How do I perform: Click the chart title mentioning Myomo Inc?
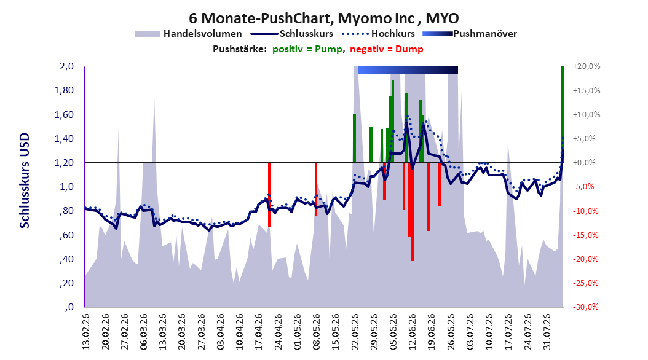(x=323, y=18)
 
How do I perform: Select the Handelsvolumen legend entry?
(x=188, y=34)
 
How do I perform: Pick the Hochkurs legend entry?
(x=379, y=34)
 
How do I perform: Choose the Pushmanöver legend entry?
(x=470, y=34)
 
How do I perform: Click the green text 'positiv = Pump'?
(x=307, y=49)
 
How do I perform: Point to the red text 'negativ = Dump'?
(x=387, y=49)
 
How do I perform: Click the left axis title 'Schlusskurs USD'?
(x=25, y=181)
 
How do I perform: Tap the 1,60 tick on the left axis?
(x=64, y=114)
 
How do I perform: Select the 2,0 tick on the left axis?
(x=66, y=66)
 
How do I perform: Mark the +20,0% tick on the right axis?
(x=587, y=66)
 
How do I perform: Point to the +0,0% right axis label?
(x=584, y=163)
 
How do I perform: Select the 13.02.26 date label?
(x=86, y=332)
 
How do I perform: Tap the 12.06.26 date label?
(x=412, y=332)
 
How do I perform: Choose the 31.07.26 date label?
(x=547, y=332)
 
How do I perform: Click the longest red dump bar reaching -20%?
(x=412, y=212)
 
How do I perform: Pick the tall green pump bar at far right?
(x=563, y=114)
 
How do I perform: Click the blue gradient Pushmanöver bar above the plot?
(x=408, y=70)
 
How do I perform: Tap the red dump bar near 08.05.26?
(x=316, y=189)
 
